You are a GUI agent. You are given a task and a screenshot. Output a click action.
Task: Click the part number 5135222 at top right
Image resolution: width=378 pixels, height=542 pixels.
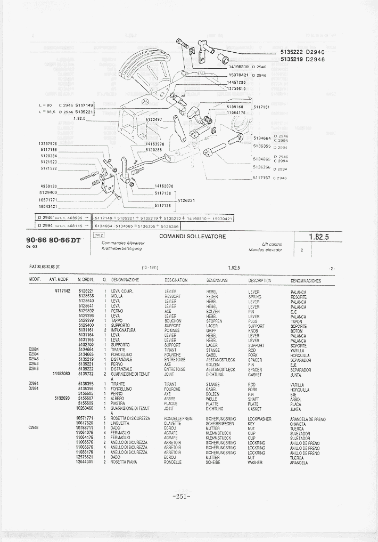291,52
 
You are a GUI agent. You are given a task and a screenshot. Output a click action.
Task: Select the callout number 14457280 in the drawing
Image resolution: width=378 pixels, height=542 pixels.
236,82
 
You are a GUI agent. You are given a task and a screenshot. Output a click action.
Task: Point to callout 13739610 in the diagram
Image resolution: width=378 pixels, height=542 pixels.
236,89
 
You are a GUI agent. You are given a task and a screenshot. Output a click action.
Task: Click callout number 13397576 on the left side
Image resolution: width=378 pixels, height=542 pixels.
48,144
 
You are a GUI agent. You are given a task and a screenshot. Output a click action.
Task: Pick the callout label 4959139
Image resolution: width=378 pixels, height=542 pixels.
48,186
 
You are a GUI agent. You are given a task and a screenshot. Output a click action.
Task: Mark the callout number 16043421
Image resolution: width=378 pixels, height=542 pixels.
48,206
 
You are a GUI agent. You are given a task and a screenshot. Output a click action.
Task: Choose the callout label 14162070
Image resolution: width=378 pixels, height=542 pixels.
163,186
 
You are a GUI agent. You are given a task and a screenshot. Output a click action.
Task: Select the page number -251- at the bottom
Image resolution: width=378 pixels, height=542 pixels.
182,496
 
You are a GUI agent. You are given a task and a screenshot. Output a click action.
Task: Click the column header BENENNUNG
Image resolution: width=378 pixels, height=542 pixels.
217,280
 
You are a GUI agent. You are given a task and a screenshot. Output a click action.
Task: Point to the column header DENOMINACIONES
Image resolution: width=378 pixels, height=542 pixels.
306,280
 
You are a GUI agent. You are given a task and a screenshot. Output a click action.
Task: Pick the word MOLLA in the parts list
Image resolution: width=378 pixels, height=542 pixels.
117,296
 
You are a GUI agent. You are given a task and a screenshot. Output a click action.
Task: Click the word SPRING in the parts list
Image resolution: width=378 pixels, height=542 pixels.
255,296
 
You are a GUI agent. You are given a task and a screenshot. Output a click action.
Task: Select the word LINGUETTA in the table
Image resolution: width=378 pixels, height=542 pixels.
120,423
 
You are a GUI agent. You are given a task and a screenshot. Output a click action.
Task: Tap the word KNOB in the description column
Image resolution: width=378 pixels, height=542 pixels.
253,330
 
